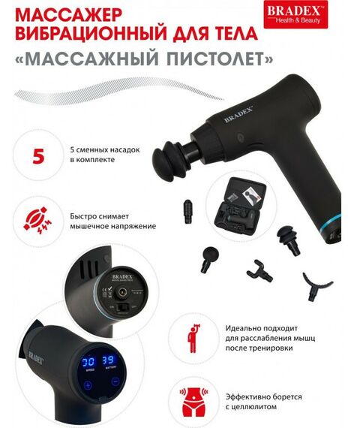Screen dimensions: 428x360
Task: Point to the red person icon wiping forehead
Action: pos(193,336)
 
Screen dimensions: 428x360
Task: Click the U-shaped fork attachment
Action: pos(257,268)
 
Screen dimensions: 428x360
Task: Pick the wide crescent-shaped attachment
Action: pos(317,283)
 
